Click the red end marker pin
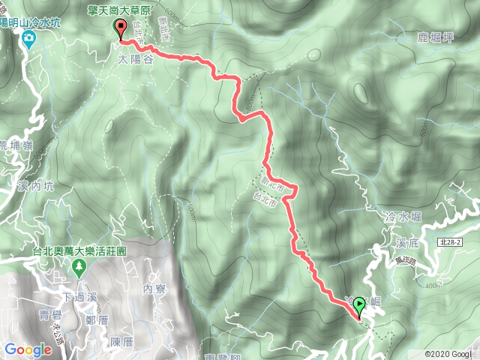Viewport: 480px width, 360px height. tap(121, 29)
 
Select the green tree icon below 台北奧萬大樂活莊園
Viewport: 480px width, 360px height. tap(77, 267)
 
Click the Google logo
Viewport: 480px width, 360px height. tap(28, 349)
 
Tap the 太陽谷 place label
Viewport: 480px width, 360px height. tap(136, 60)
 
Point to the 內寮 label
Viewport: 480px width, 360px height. tap(153, 289)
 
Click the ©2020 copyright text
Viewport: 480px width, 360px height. tap(447, 353)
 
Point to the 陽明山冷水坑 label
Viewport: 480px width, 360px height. tap(30, 23)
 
